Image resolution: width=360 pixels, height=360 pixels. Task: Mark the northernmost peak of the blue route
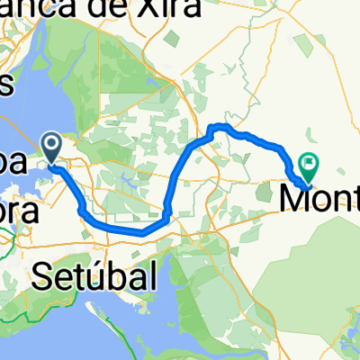220,126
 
